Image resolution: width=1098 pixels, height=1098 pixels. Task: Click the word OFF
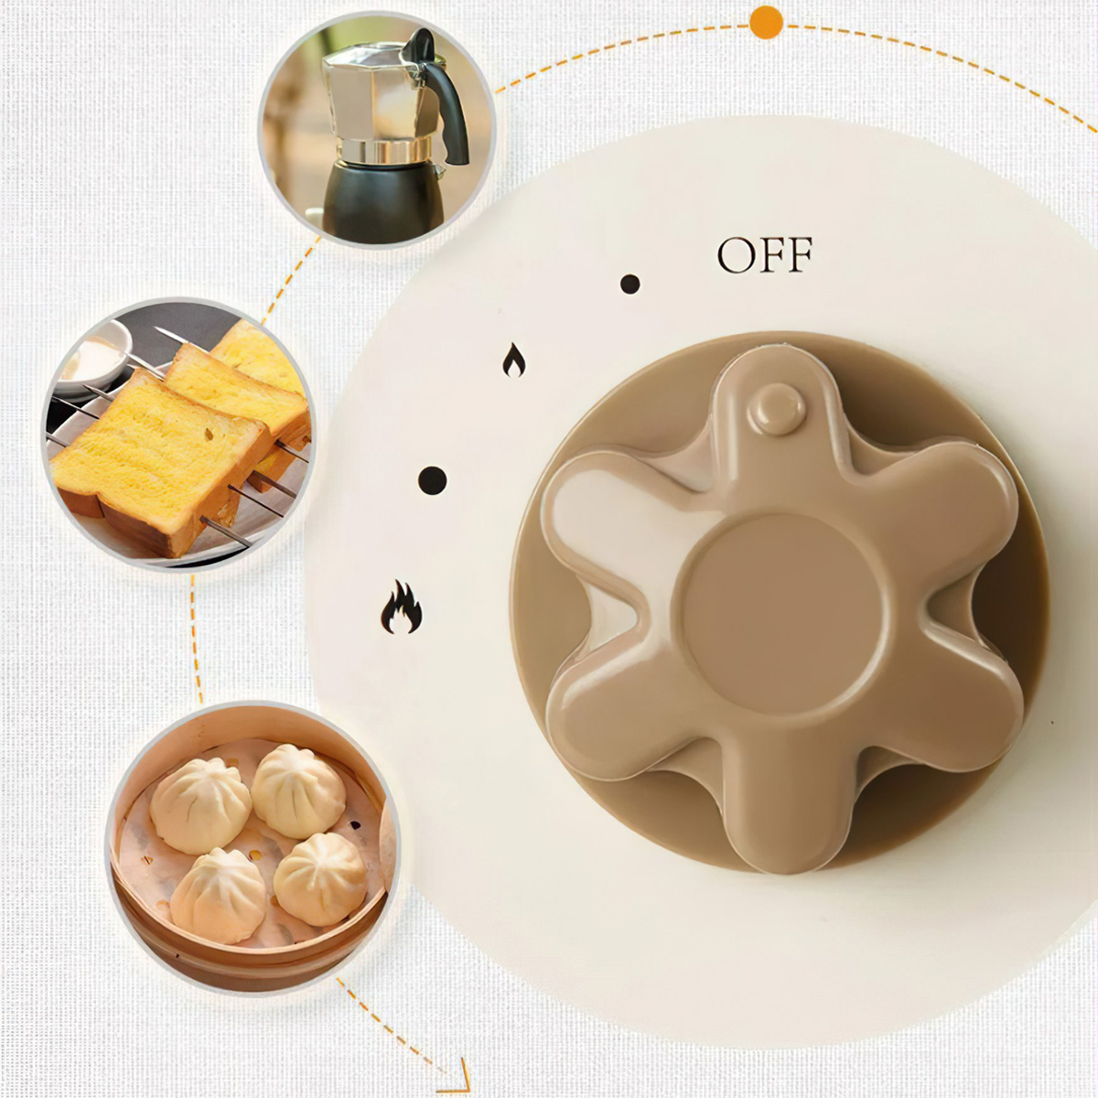tap(764, 255)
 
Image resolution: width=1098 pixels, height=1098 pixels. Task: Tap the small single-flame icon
tap(514, 361)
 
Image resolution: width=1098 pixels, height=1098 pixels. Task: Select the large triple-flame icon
tap(402, 608)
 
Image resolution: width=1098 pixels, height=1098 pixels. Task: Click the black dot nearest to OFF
tap(630, 284)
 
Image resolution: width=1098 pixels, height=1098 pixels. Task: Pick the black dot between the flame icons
tap(432, 480)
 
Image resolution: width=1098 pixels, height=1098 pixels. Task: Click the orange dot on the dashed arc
tap(766, 22)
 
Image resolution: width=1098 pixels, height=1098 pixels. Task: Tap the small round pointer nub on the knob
tap(777, 408)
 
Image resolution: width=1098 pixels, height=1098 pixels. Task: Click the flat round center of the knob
tap(782, 613)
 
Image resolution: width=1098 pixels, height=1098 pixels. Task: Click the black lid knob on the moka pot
tap(420, 43)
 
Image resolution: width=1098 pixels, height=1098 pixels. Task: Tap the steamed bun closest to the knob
tap(319, 878)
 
